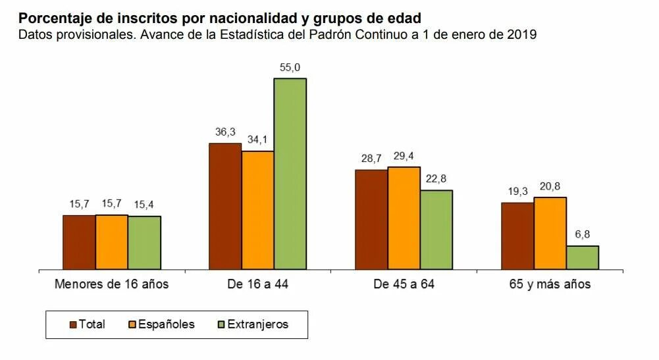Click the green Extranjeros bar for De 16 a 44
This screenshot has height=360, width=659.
[290, 174]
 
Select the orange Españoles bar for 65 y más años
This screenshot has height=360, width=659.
[550, 233]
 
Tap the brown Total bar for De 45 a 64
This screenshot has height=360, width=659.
[371, 219]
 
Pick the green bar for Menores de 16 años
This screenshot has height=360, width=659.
[144, 242]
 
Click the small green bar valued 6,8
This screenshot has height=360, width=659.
[583, 257]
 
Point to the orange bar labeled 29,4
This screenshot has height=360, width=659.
[404, 218]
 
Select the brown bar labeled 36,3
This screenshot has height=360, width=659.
[225, 206]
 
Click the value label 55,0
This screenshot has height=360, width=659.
[290, 67]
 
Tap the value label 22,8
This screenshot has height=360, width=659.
[436, 179]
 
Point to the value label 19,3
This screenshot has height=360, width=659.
[517, 192]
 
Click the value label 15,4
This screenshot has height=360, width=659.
[144, 205]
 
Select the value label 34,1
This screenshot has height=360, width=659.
[257, 140]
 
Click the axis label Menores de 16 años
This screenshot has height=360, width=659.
[111, 285]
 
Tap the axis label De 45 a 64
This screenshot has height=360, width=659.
[404, 285]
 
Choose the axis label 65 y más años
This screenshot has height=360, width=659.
[550, 285]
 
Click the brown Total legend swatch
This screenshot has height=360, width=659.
[74, 324]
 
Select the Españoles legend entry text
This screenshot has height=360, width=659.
[166, 324]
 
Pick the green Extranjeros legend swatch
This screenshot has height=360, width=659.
[222, 324]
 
